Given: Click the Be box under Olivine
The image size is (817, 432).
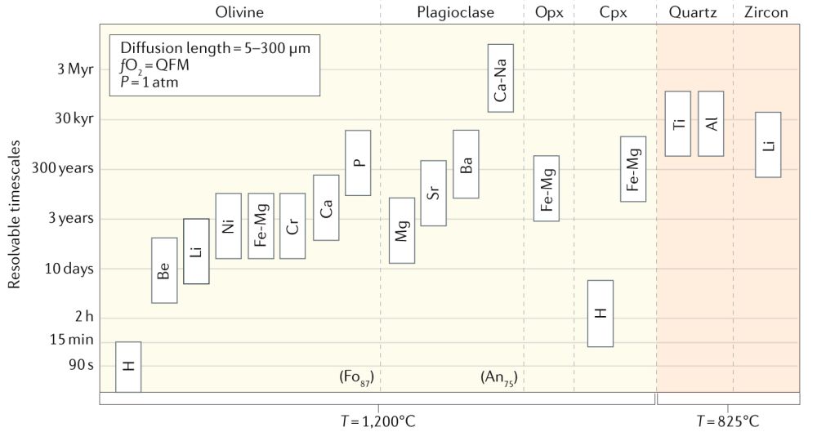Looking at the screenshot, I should pyautogui.click(x=164, y=270).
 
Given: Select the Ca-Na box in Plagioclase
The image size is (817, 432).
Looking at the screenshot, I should pyautogui.click(x=501, y=78).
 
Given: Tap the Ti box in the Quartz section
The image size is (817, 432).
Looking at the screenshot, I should pyautogui.click(x=678, y=123).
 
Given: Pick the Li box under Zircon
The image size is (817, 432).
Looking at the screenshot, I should pyautogui.click(x=768, y=145).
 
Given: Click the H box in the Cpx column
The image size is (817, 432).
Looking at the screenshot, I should pyautogui.click(x=600, y=314).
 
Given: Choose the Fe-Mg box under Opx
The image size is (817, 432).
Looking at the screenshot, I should pyautogui.click(x=547, y=189).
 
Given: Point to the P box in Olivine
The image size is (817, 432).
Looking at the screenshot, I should pyautogui.click(x=358, y=163).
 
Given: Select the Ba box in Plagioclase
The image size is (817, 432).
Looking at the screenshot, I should pyautogui.click(x=466, y=164).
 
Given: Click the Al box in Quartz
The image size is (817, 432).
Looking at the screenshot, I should pyautogui.click(x=711, y=123).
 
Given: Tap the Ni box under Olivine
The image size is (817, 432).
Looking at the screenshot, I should pyautogui.click(x=228, y=225).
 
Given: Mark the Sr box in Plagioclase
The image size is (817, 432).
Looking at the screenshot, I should pyautogui.click(x=433, y=193).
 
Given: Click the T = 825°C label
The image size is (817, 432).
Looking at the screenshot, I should pyautogui.click(x=727, y=421).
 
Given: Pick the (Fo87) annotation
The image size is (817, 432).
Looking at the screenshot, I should pyautogui.click(x=360, y=377).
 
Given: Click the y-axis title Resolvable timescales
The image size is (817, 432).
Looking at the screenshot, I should pyautogui.click(x=14, y=213).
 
